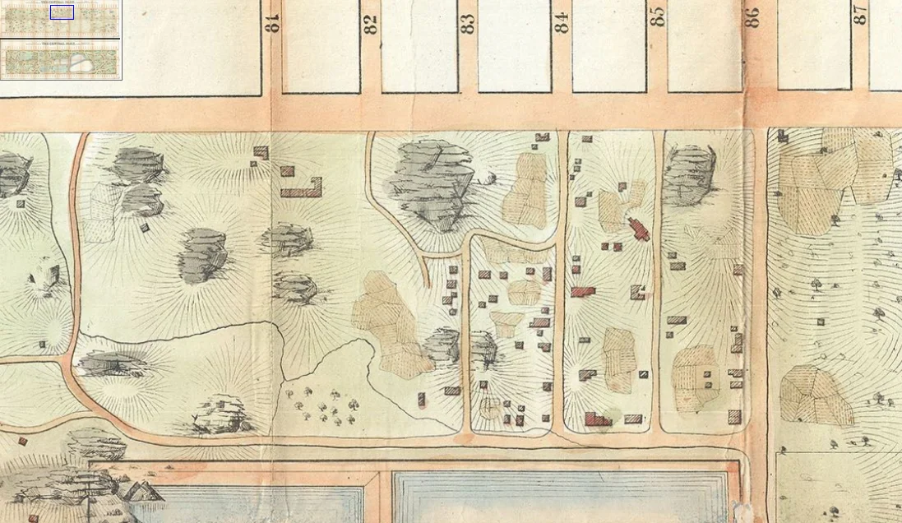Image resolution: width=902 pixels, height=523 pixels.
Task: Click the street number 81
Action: (x=273, y=22)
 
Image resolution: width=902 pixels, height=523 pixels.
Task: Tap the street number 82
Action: (x=371, y=24)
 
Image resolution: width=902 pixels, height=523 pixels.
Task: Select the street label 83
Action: (x=468, y=24)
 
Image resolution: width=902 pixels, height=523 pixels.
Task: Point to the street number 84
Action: (x=562, y=22)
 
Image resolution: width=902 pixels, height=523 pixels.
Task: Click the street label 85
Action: (x=657, y=16)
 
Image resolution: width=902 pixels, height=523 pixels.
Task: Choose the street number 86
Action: (x=752, y=17)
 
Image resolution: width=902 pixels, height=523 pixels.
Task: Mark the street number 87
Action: (x=860, y=14)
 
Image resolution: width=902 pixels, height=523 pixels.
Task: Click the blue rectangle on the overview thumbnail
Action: (x=62, y=12)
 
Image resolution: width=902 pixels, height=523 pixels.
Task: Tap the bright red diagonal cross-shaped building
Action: (x=639, y=229)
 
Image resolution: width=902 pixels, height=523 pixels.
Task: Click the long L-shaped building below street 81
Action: (x=301, y=191)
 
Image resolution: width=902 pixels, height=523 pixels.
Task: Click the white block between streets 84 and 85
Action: (x=608, y=45)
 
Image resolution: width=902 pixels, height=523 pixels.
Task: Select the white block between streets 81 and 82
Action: (x=321, y=45)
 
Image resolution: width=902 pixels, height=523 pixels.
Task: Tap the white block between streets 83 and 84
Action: (x=515, y=45)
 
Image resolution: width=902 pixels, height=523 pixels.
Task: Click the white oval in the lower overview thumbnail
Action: (x=81, y=62)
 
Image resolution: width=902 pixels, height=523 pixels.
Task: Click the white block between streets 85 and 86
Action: (x=705, y=45)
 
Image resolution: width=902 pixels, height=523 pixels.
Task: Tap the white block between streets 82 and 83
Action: (x=419, y=45)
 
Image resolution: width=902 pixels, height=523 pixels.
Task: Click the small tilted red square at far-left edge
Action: (x=23, y=442)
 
